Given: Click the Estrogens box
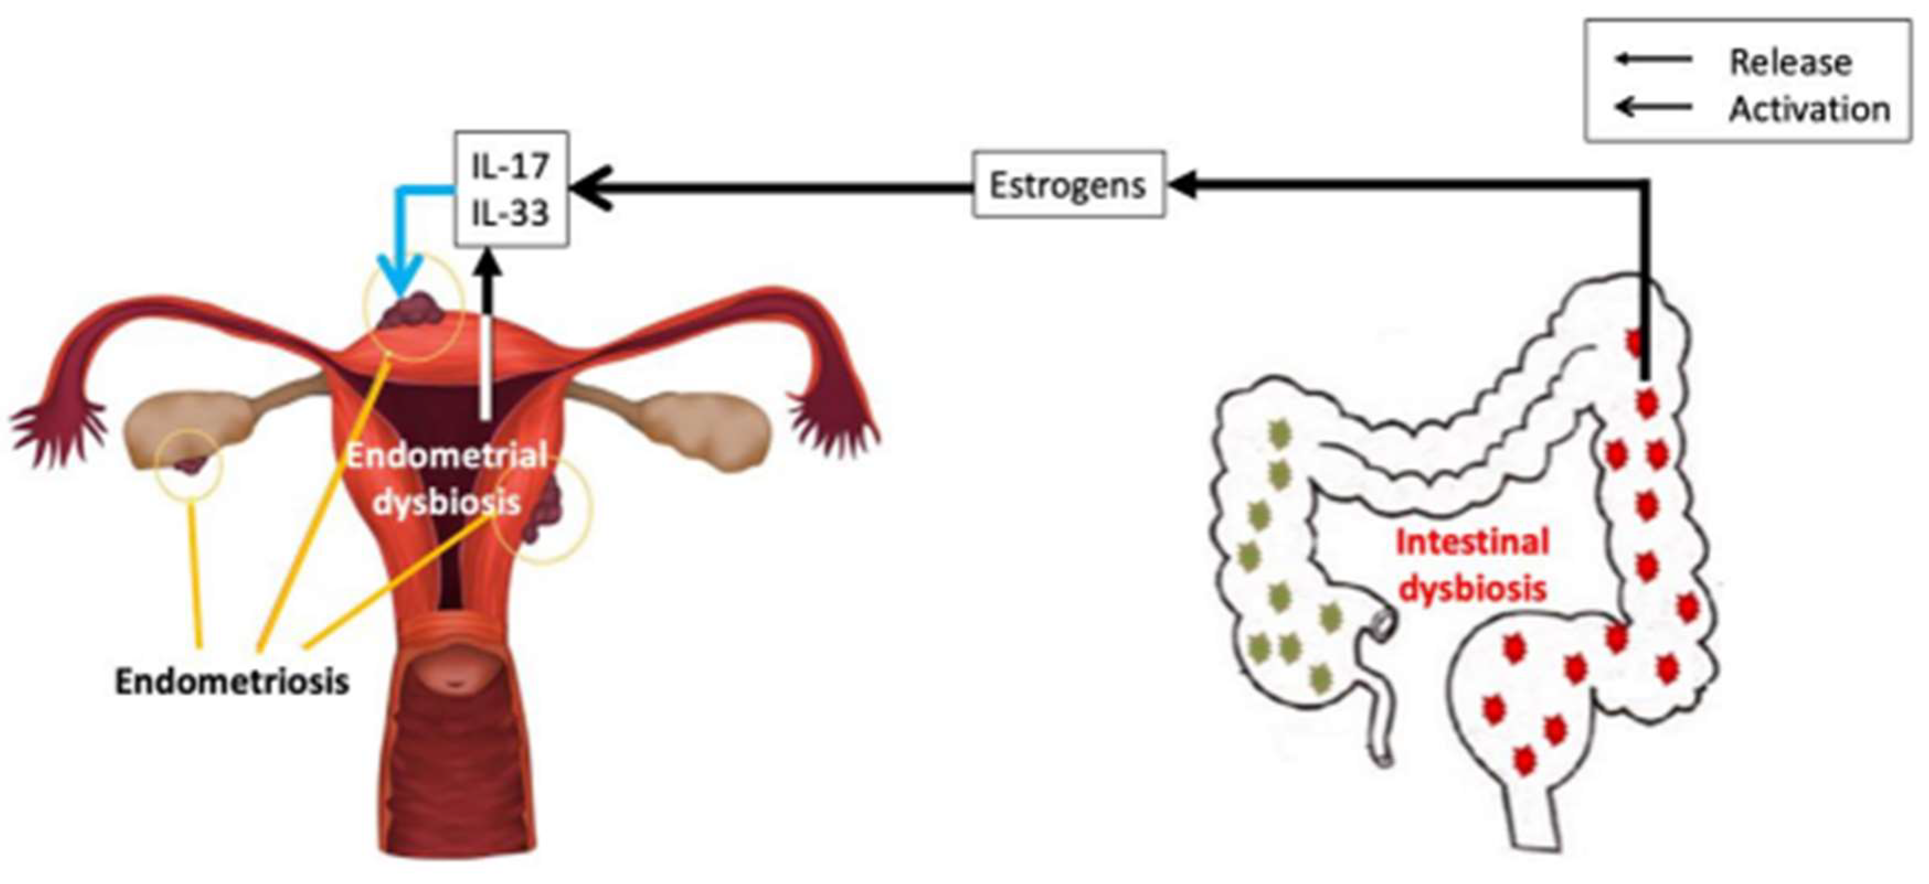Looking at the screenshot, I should point(1068,185).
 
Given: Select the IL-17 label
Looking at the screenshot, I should point(510,165).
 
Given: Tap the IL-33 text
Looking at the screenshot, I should point(510,213).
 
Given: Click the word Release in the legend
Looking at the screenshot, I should point(1790,62).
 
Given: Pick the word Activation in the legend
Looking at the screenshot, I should point(1809,109).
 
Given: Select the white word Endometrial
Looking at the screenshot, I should point(447,455).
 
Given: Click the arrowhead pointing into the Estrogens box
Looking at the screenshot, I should point(1182,185).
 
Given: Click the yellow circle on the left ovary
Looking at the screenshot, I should point(189,465).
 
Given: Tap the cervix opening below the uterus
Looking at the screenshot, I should point(453,681).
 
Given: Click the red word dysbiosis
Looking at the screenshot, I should point(1472,589).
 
